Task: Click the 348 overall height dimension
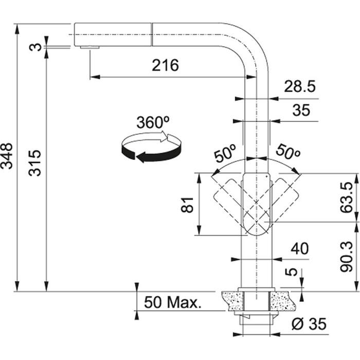(6, 156)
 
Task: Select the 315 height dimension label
(34, 163)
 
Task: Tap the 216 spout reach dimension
(165, 65)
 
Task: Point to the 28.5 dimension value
(300, 86)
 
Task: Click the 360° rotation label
(153, 122)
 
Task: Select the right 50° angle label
(288, 152)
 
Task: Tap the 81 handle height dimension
(187, 205)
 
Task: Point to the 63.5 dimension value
(346, 197)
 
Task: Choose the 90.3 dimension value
(346, 257)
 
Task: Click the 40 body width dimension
(300, 248)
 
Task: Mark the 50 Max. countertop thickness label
(173, 302)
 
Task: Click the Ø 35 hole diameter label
(309, 323)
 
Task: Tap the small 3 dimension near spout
(35, 47)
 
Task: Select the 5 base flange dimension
(291, 272)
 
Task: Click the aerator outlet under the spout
(90, 47)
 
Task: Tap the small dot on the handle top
(266, 176)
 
